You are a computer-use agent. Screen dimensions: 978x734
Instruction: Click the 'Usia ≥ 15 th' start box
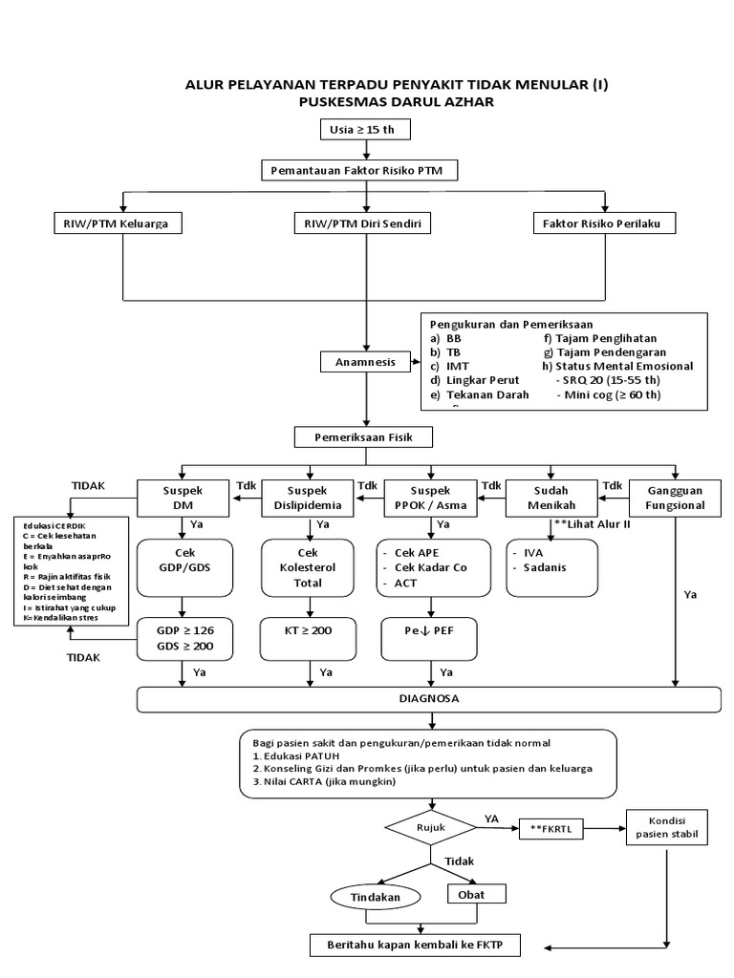361,131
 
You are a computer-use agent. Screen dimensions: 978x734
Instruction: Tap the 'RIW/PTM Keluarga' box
118,223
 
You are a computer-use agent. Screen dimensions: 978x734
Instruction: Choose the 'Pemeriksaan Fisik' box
362,437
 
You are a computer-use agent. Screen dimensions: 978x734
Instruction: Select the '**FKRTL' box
550,828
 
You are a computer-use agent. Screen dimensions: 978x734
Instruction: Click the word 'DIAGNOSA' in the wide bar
428,699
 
